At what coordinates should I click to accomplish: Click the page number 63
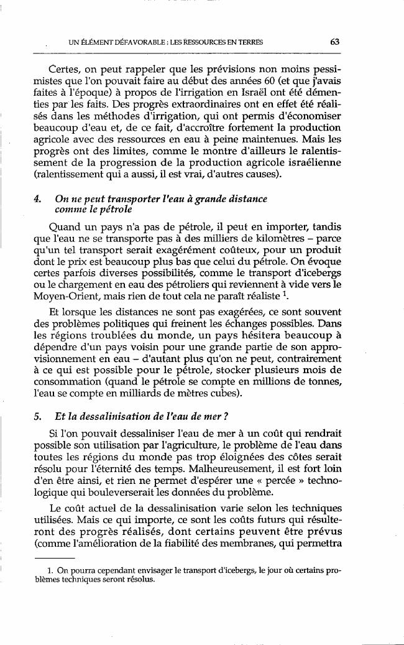pos(335,42)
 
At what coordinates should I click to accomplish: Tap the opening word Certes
pos(65,67)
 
